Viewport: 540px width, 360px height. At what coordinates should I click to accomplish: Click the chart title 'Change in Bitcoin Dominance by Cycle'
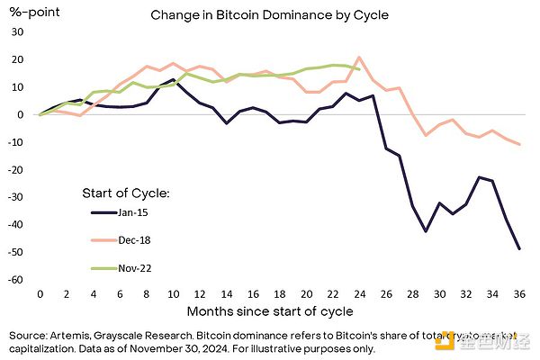269,15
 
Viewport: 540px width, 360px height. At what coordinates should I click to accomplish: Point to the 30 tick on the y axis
15,31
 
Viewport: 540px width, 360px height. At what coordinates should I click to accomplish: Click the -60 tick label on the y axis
13,280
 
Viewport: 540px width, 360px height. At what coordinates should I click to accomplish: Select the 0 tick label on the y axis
19,114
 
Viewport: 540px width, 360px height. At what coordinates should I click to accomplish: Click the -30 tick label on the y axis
13,197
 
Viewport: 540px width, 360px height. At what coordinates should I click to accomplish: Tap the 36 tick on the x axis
519,294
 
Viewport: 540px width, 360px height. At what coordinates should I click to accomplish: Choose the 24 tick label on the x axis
359,294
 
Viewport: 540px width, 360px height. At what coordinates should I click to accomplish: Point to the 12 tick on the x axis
200,294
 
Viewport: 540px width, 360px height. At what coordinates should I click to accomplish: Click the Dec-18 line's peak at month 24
359,58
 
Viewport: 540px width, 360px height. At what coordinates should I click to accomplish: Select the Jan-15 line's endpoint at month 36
519,249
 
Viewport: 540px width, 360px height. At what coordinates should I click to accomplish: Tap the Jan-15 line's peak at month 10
173,79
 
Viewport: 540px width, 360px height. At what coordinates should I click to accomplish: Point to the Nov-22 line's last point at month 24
359,69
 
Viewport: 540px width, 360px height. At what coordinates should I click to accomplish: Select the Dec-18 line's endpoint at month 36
519,145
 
